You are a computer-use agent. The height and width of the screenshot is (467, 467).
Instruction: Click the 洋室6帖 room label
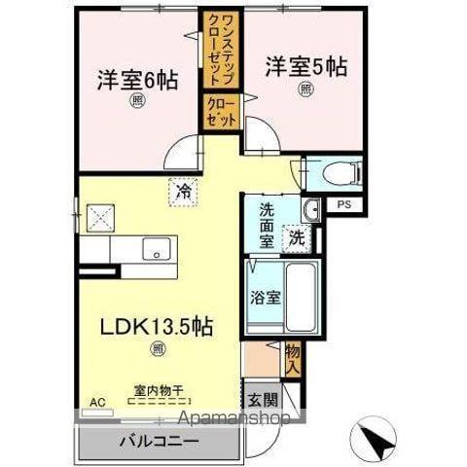coord(137,81)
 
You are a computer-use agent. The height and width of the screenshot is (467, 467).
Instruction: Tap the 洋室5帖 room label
coord(306,67)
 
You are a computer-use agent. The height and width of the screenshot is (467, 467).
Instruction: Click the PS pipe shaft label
coord(343,204)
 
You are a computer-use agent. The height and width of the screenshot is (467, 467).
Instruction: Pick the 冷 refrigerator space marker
coord(183,193)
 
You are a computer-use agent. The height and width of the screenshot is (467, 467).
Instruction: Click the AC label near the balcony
coord(96,401)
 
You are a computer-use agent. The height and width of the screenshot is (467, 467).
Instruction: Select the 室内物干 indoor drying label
coord(158,391)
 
